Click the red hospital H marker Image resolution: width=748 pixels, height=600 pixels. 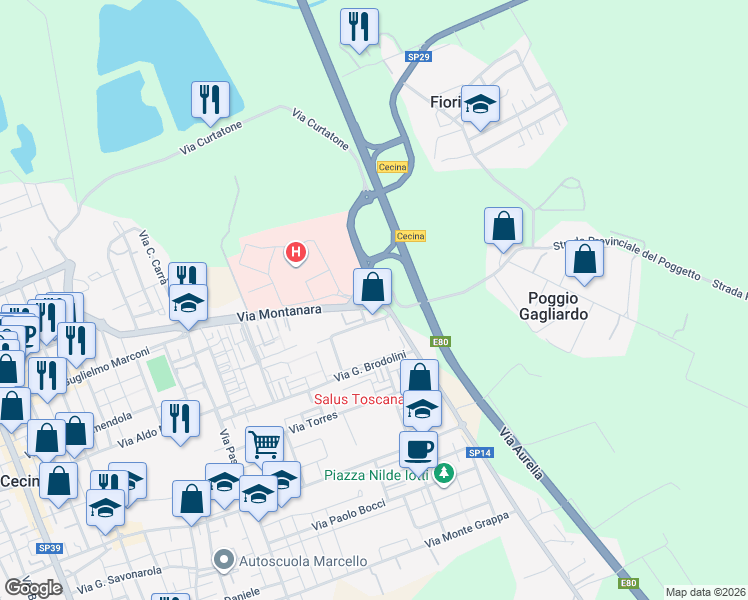[296, 254]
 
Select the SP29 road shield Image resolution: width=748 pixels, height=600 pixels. [418, 57]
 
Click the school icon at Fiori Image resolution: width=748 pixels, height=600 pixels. [480, 104]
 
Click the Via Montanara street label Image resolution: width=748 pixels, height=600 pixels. [279, 312]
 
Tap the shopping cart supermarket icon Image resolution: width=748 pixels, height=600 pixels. [263, 443]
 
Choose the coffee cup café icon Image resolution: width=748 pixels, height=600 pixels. [418, 448]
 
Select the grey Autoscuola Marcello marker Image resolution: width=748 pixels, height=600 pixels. [225, 561]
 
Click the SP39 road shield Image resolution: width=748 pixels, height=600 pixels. [49, 548]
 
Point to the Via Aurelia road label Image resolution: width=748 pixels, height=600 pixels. [522, 453]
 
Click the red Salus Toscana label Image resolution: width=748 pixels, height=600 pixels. [358, 399]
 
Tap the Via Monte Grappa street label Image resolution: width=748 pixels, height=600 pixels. [466, 529]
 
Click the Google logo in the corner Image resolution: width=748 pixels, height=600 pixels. [33, 587]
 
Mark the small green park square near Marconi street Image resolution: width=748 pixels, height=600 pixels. [159, 373]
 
